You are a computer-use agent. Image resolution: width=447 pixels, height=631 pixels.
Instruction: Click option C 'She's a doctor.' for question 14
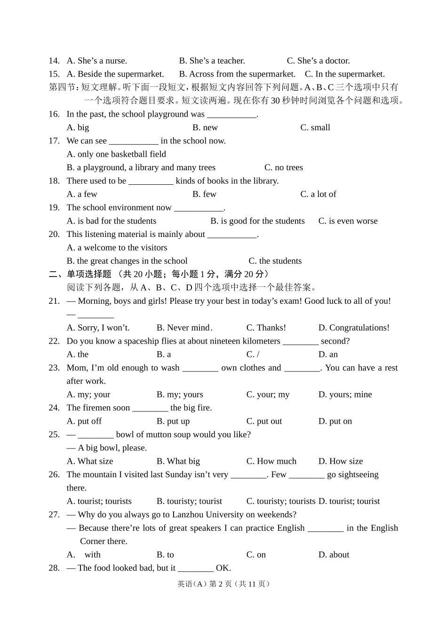pyautogui.click(x=318, y=61)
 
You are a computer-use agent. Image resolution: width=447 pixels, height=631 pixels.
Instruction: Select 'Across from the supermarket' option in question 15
pyautogui.click(x=237, y=74)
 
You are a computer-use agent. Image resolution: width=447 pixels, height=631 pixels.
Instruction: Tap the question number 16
pyautogui.click(x=54, y=114)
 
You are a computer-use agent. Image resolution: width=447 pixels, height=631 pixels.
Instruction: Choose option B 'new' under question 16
pyautogui.click(x=205, y=127)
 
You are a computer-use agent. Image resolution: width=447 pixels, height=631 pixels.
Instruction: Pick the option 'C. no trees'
pyautogui.click(x=283, y=167)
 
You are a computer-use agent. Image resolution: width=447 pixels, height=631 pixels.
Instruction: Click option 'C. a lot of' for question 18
pyautogui.click(x=318, y=194)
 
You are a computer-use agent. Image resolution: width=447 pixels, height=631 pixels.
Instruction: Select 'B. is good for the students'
pyautogui.click(x=257, y=221)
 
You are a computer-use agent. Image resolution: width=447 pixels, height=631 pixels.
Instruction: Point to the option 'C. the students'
pyautogui.click(x=275, y=261)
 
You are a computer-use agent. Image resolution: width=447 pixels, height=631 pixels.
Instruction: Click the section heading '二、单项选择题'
pyautogui.click(x=80, y=274)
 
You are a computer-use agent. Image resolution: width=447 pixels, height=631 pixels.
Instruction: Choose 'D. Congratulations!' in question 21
pyautogui.click(x=354, y=328)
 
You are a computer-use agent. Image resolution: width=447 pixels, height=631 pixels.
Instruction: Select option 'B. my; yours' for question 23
pyautogui.click(x=180, y=394)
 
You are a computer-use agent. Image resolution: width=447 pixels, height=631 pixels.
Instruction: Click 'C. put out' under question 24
pyautogui.click(x=264, y=421)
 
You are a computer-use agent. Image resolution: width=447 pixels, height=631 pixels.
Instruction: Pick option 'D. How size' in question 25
pyautogui.click(x=341, y=461)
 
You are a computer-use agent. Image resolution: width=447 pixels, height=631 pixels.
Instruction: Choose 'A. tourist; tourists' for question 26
pyautogui.click(x=99, y=501)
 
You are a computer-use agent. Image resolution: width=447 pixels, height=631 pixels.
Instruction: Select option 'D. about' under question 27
pyautogui.click(x=334, y=555)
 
